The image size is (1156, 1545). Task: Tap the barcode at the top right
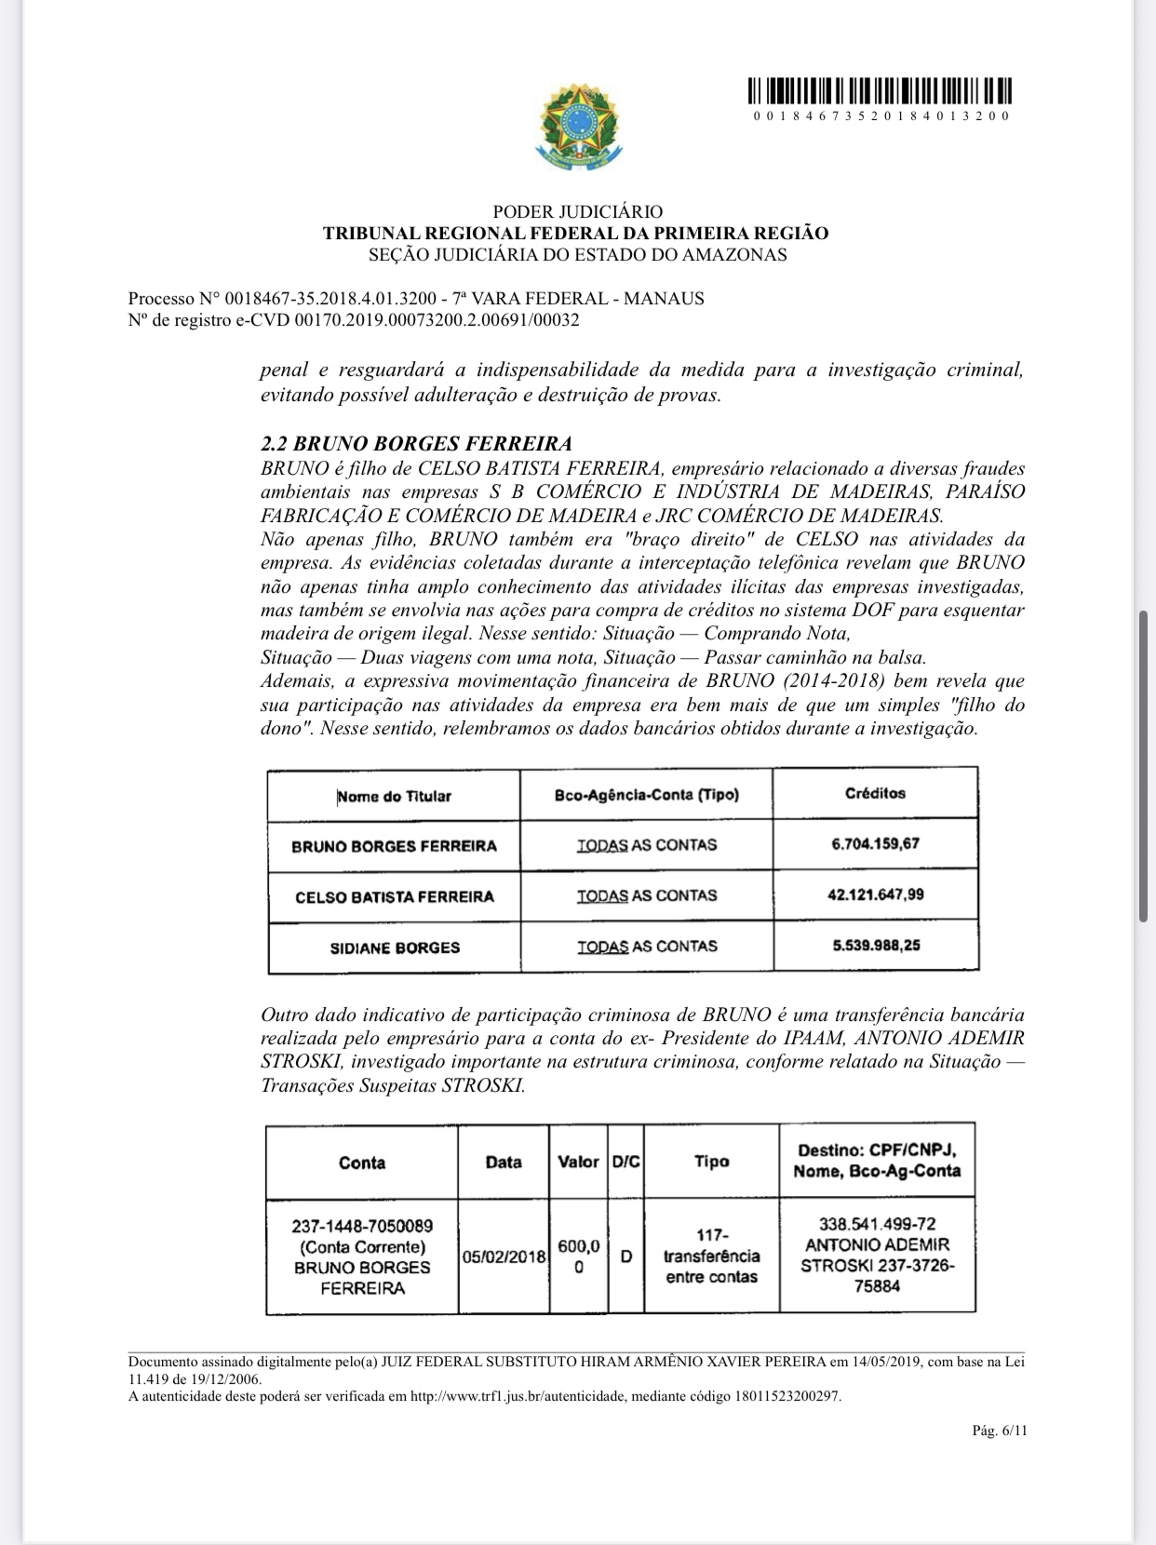click(880, 92)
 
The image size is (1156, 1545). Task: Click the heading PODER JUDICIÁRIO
click(577, 212)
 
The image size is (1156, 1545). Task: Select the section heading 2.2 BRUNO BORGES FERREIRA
click(416, 443)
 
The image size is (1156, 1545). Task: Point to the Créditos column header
click(875, 794)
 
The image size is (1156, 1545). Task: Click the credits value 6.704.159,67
click(875, 844)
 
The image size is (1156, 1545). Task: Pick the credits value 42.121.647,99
click(875, 894)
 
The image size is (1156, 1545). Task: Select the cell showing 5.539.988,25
click(875, 946)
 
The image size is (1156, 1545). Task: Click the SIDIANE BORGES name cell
click(395, 947)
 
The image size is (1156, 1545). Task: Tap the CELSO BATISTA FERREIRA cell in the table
click(395, 897)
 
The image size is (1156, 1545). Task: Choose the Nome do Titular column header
click(395, 796)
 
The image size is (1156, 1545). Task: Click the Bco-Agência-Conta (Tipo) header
click(646, 795)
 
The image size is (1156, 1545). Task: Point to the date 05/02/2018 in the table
click(504, 1256)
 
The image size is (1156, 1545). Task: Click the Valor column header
click(578, 1162)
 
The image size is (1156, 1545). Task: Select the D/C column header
click(625, 1162)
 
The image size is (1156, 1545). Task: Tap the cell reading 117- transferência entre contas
click(711, 1256)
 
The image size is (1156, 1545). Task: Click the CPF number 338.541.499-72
click(877, 1224)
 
